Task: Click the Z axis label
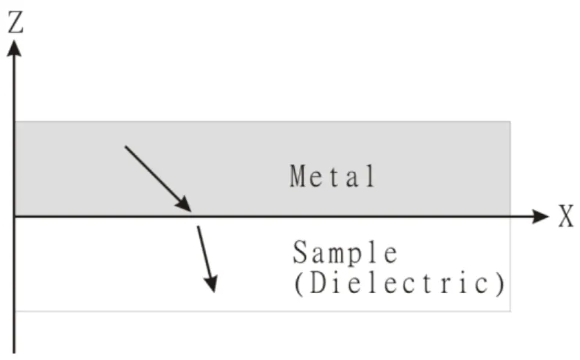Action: click(15, 22)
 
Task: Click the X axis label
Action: click(566, 216)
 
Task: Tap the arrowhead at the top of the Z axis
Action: click(14, 48)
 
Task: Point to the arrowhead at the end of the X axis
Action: click(540, 216)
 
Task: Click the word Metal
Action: click(332, 176)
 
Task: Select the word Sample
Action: click(345, 252)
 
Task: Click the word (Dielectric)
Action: click(400, 284)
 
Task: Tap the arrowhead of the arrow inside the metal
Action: click(184, 204)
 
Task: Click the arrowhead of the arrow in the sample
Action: click(211, 284)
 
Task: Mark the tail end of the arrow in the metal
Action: click(126, 146)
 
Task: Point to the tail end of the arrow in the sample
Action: click(198, 226)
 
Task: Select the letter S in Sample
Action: click(300, 252)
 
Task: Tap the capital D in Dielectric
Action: click(318, 283)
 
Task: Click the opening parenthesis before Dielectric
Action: click(298, 284)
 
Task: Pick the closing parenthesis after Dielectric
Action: click(501, 284)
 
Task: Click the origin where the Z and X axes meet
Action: click(14, 216)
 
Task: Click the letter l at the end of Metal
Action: click(370, 176)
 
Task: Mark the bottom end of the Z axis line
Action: click(14, 353)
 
